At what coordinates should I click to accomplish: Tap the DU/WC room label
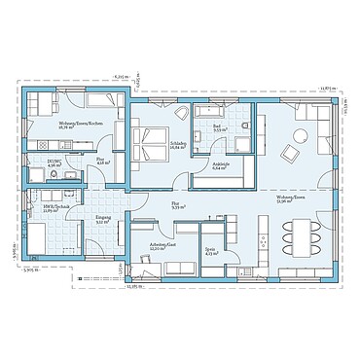54,162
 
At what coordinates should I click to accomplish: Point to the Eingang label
101,219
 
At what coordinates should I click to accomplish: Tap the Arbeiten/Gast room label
152,246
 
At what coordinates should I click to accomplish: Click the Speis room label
209,252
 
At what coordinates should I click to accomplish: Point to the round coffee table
288,153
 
